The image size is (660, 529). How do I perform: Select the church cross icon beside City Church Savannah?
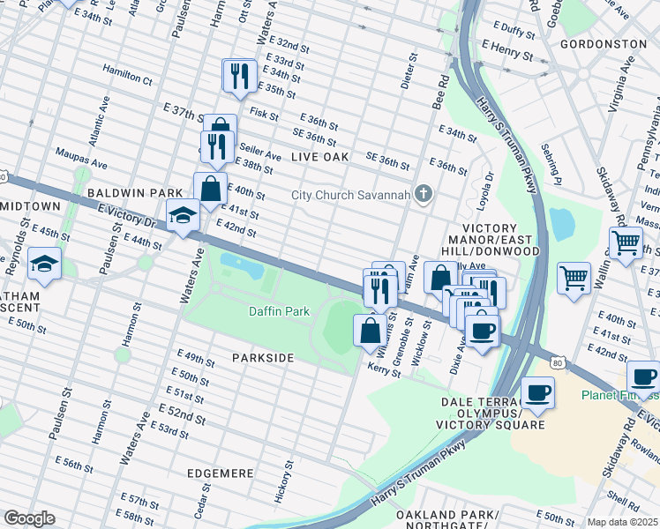[424, 194]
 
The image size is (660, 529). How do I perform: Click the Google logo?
[29, 518]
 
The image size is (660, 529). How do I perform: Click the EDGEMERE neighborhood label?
[221, 473]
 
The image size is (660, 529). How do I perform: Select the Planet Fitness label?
[619, 395]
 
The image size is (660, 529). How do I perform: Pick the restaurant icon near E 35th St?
[239, 76]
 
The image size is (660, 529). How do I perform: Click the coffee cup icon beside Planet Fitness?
[643, 376]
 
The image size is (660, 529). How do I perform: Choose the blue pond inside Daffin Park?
[242, 263]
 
